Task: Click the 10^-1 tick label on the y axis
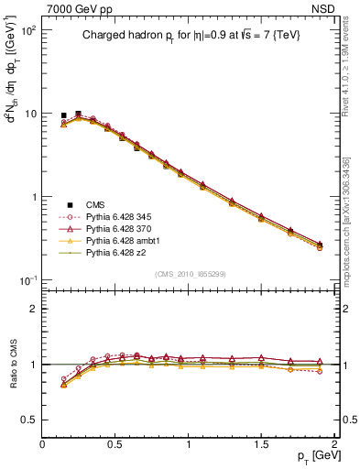point(27,280)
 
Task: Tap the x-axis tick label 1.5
point(262,443)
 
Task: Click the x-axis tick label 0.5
point(115,443)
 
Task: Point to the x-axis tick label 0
point(43,443)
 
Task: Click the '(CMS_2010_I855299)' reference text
point(189,274)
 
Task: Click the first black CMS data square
point(63,116)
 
